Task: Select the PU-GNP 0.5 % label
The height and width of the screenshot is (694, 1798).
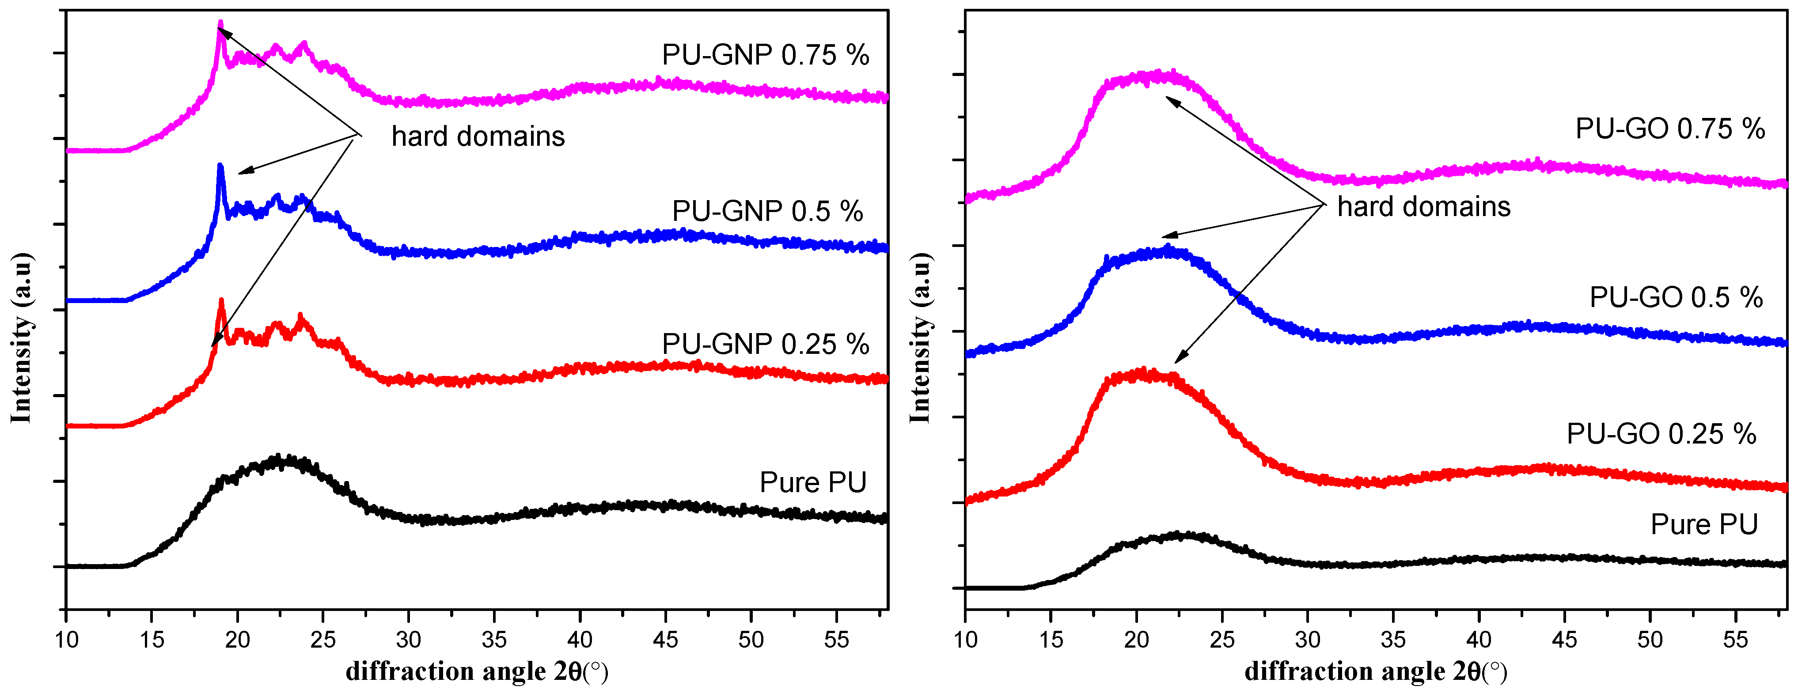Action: pyautogui.click(x=767, y=211)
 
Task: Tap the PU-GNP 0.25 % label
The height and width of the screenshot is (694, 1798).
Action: pyautogui.click(x=765, y=344)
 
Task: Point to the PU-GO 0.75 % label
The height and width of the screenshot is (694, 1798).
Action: pyautogui.click(x=1669, y=129)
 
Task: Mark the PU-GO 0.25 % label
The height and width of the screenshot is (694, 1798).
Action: pyautogui.click(x=1661, y=434)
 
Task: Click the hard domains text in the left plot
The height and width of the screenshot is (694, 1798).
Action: pyautogui.click(x=478, y=136)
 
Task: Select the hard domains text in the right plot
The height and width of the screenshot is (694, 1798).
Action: pyautogui.click(x=1423, y=207)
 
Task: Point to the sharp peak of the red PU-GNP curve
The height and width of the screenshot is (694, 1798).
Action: pyautogui.click(x=221, y=302)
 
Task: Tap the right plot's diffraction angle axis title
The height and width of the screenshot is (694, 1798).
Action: pyautogui.click(x=1376, y=671)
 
